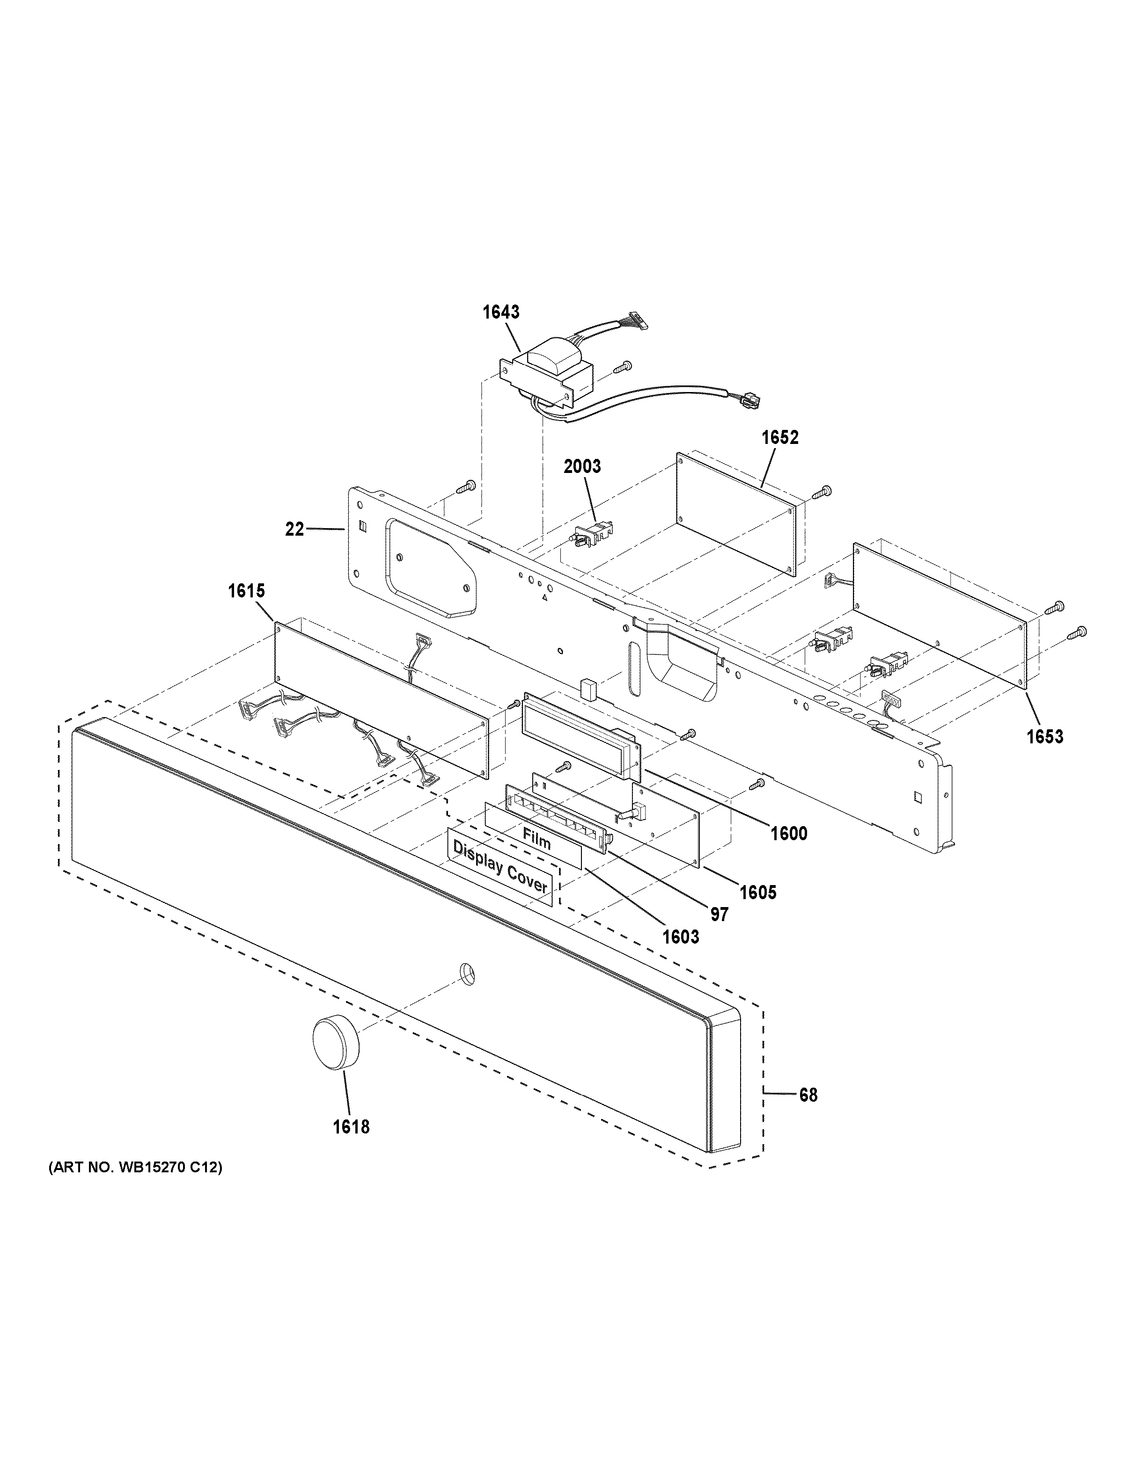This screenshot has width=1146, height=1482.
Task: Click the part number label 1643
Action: tap(501, 312)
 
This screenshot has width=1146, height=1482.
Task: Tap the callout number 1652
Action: tap(779, 438)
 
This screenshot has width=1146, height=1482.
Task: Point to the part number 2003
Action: tap(582, 467)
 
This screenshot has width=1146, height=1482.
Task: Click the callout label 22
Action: tap(294, 529)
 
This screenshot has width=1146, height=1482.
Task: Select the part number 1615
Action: tap(246, 591)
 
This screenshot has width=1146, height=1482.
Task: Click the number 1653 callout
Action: tap(1044, 736)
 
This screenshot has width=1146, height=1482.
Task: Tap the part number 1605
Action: tap(757, 892)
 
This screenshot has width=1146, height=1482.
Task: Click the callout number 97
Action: tap(719, 915)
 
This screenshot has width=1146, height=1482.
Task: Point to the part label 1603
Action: tap(680, 937)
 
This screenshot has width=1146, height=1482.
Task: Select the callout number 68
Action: tap(808, 1095)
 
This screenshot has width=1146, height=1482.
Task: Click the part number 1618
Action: tap(351, 1127)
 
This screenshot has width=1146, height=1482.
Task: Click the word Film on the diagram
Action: tap(536, 842)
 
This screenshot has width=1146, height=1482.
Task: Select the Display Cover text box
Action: tap(500, 876)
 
